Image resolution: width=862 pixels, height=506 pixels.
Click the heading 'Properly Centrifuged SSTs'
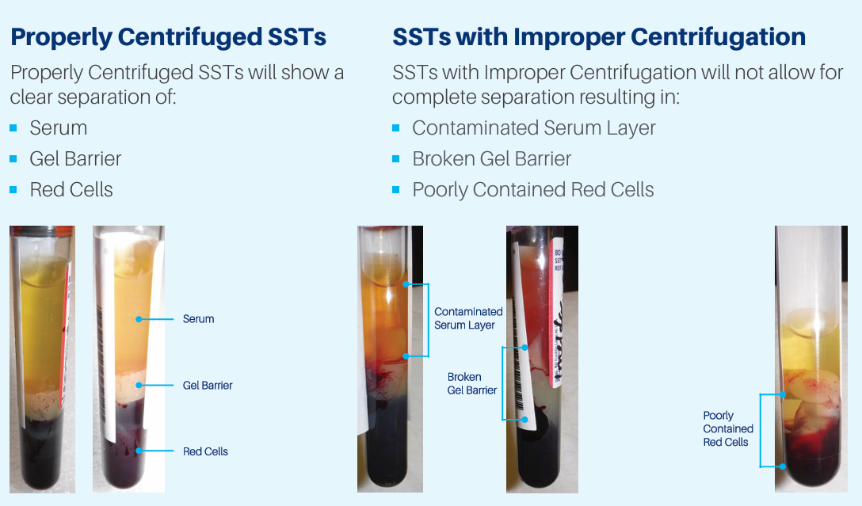click(x=168, y=37)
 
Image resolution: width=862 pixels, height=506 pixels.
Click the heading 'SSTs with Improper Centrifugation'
click(x=599, y=37)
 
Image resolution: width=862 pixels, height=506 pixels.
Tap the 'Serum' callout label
click(x=198, y=319)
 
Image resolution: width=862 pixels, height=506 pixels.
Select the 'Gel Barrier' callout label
click(x=208, y=385)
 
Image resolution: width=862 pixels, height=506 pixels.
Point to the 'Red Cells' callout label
click(x=205, y=451)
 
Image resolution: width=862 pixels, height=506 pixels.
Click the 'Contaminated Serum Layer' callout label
click(x=468, y=318)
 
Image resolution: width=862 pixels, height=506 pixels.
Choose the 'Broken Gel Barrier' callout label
click(x=471, y=383)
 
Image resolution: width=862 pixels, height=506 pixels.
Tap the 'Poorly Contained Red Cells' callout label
click(x=728, y=428)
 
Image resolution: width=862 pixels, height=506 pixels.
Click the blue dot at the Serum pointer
click(x=139, y=319)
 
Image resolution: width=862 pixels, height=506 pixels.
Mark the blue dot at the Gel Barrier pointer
click(x=139, y=385)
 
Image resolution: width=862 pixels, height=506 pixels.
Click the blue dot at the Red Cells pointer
click(x=139, y=451)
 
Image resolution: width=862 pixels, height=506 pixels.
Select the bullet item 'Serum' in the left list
click(x=59, y=128)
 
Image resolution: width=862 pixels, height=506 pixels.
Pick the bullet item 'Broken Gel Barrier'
click(x=492, y=159)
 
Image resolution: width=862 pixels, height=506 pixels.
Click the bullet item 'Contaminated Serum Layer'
click(x=534, y=128)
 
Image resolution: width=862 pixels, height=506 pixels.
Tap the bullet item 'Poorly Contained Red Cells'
click(x=533, y=189)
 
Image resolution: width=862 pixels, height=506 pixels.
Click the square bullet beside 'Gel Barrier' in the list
click(x=13, y=159)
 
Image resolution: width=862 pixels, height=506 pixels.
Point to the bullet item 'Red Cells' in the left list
click(x=71, y=189)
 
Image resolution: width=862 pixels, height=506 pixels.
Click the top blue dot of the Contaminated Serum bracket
click(x=406, y=284)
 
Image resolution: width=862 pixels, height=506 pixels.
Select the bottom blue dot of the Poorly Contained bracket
click(x=782, y=466)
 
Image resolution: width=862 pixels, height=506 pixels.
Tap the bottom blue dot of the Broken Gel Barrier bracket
click(x=525, y=419)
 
